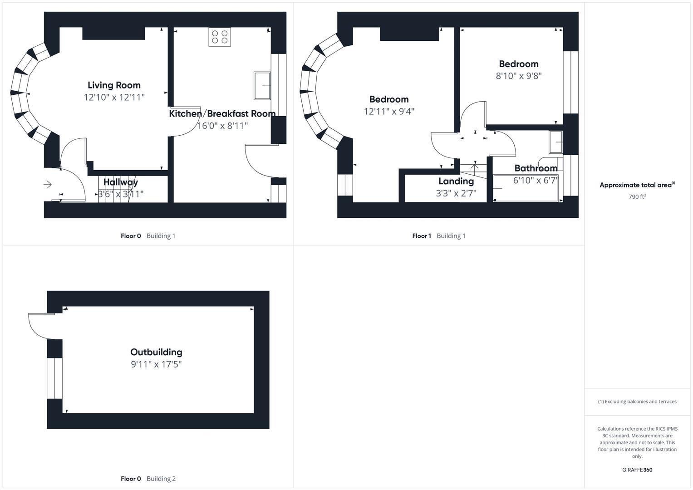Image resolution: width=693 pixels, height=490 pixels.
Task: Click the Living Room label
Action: tap(114, 85)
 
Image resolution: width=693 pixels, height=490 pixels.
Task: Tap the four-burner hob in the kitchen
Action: tap(220, 37)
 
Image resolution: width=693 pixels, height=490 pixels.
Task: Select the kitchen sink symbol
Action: tap(262, 85)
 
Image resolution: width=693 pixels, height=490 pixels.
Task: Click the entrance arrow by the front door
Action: tap(47, 185)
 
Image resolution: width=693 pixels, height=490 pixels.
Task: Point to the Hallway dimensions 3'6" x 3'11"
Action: tap(121, 194)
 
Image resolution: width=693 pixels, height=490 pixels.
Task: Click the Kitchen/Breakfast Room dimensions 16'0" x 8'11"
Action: tap(222, 126)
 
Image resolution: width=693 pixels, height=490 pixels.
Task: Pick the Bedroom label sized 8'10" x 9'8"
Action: tap(518, 64)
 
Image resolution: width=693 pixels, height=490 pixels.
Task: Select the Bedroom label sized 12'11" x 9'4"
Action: tap(388, 99)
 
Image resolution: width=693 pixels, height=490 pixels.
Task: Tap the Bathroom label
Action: tap(536, 168)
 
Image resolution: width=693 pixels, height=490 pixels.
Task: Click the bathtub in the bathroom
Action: tap(526, 188)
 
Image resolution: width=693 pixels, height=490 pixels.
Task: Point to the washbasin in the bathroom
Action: tap(555, 142)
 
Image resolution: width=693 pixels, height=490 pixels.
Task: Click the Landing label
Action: tap(456, 181)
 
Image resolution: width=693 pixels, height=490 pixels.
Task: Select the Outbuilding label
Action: tap(156, 352)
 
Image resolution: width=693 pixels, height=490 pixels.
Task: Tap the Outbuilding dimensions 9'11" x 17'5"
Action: tap(156, 364)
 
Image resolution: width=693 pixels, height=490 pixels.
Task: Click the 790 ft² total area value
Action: tap(637, 197)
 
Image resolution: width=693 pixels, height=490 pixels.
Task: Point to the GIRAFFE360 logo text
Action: tap(637, 470)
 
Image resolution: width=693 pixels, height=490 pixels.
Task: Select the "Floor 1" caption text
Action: tap(422, 236)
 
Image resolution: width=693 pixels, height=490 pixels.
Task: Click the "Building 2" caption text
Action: tap(161, 479)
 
